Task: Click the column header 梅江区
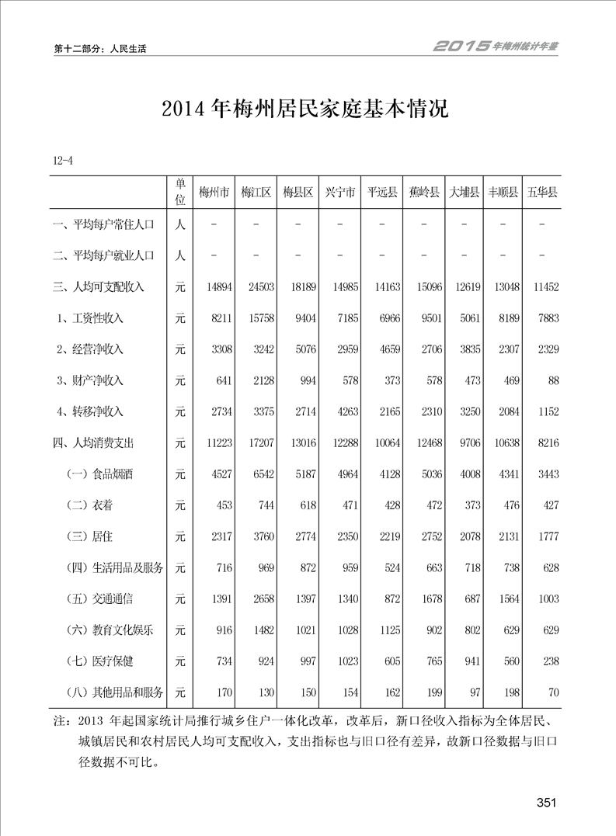point(256,193)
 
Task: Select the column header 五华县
point(543,193)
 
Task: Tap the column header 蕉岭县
point(424,193)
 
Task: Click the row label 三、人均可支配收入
point(99,287)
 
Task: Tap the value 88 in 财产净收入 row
point(552,380)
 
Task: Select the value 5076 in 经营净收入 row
point(302,349)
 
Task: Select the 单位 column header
point(179,192)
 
